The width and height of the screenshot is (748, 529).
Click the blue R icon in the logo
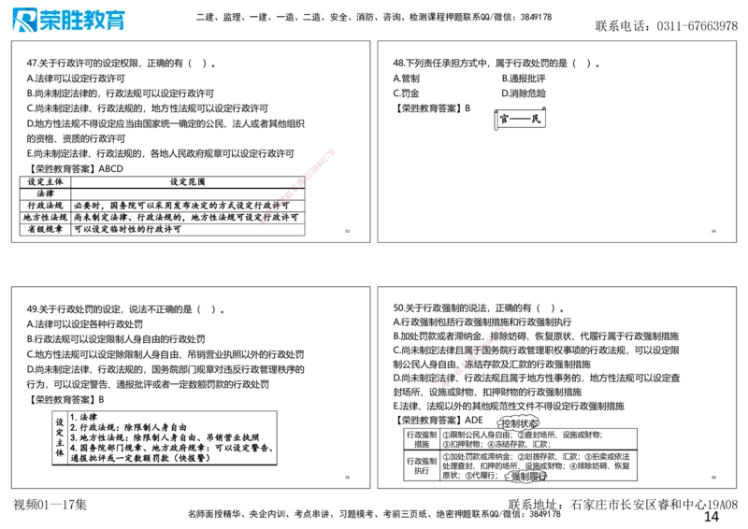click(x=23, y=21)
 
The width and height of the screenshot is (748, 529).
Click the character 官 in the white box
click(x=504, y=120)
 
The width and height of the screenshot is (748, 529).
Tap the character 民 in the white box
click(x=536, y=120)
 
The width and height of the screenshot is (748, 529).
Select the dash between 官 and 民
click(x=520, y=120)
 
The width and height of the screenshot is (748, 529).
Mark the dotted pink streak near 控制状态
click(x=472, y=356)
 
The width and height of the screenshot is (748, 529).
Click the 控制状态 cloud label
click(x=518, y=423)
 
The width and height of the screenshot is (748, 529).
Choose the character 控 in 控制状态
click(x=506, y=423)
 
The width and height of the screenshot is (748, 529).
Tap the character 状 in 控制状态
click(x=524, y=423)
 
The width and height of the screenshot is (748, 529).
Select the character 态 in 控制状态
click(x=533, y=423)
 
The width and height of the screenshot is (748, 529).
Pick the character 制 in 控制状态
click(x=514, y=423)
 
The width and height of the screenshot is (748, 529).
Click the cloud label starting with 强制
click(x=527, y=476)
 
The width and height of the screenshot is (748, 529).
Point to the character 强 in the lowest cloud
click(x=516, y=476)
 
